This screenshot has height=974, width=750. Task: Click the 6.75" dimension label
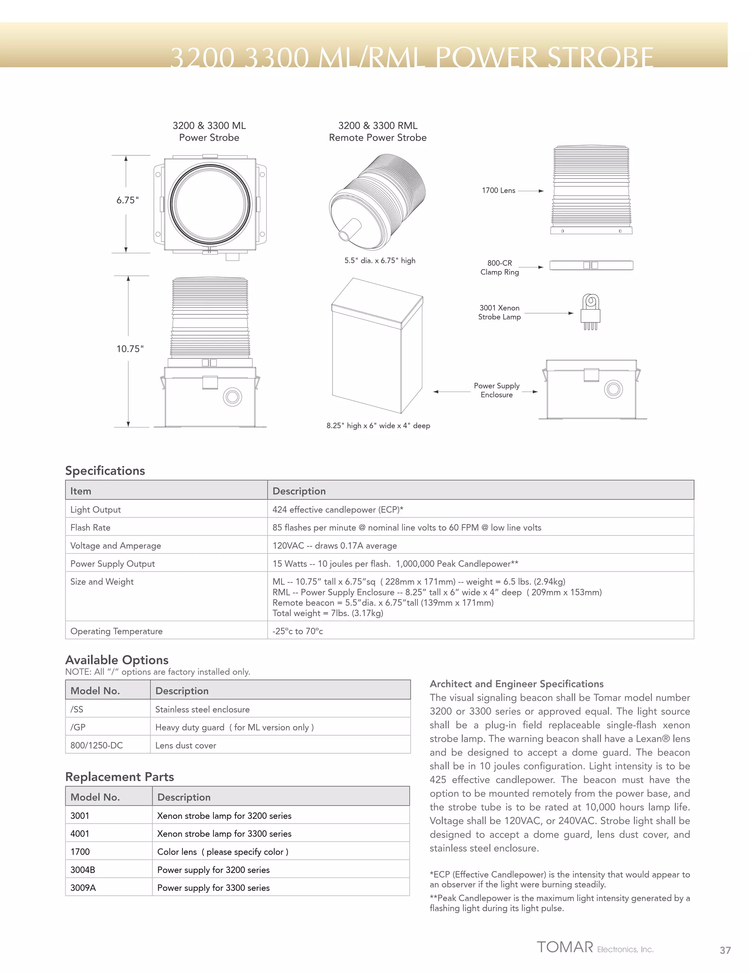(127, 200)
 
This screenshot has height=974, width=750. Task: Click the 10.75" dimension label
(130, 349)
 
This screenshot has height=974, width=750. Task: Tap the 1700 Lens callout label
(498, 190)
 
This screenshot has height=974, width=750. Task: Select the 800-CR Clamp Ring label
(500, 267)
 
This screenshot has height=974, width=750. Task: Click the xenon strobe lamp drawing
(590, 312)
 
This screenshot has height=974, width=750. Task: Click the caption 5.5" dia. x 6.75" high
(379, 260)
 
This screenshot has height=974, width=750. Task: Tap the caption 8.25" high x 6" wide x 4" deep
(378, 425)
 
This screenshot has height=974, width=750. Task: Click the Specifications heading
(105, 470)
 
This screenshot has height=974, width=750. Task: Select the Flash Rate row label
(90, 527)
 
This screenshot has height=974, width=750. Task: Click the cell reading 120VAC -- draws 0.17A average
(334, 545)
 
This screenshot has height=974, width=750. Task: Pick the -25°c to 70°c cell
(297, 631)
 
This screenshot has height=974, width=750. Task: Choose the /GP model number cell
(78, 727)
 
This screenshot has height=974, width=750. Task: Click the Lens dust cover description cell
(186, 745)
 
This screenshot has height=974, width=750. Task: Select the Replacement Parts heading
(119, 777)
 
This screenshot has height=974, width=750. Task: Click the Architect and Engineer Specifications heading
(516, 684)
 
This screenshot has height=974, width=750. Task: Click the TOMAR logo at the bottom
(565, 947)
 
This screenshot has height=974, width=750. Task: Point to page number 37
(725, 950)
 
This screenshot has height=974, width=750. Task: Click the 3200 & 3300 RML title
(378, 126)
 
